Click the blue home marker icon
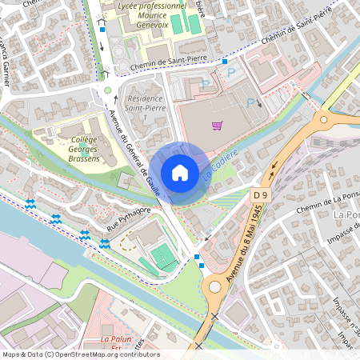(179, 172)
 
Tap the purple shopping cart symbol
(217, 125)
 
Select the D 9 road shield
(260, 194)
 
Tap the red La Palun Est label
(116, 342)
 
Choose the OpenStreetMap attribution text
(80, 354)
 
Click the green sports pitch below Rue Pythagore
(165, 257)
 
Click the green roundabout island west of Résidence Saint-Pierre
(107, 90)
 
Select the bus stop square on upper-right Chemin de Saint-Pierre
(226, 61)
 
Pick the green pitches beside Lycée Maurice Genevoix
(182, 23)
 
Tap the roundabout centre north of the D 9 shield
(331, 121)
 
